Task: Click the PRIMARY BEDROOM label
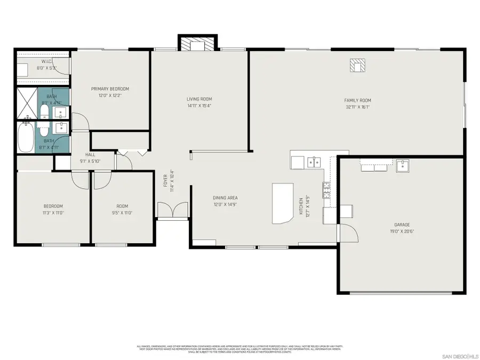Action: pyautogui.click(x=110, y=89)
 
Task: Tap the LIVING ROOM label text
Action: pyautogui.click(x=199, y=99)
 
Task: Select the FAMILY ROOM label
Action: pyautogui.click(x=357, y=100)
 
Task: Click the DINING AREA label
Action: pyautogui.click(x=225, y=198)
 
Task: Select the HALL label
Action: pyautogui.click(x=90, y=155)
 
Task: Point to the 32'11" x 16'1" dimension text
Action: pyautogui.click(x=357, y=107)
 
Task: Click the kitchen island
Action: pyautogui.click(x=283, y=203)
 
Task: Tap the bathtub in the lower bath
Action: pyautogui.click(x=25, y=138)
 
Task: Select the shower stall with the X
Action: pyautogui.click(x=25, y=103)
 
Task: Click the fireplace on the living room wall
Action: pyautogui.click(x=198, y=43)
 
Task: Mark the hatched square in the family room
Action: pyautogui.click(x=357, y=65)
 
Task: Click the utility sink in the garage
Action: pyautogui.click(x=402, y=165)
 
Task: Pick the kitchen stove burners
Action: pyautogui.click(x=325, y=188)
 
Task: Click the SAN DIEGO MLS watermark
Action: pyautogui.click(x=460, y=356)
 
